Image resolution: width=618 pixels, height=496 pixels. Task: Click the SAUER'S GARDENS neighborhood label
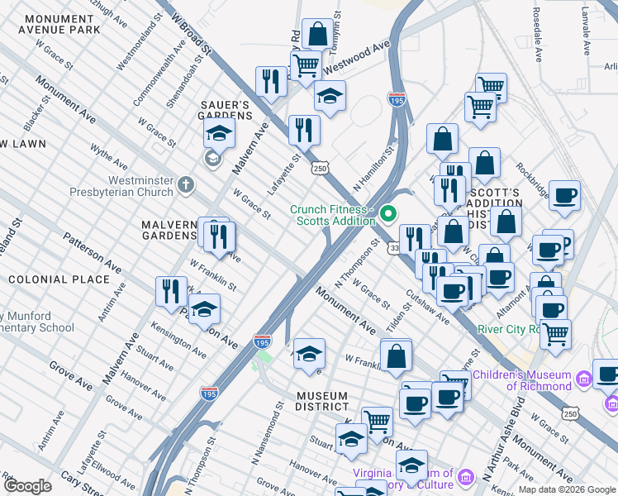pyautogui.click(x=226, y=110)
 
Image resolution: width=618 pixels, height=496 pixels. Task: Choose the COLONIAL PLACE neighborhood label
pyautogui.click(x=59, y=279)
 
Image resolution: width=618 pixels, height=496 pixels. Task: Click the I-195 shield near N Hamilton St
pyautogui.click(x=397, y=99)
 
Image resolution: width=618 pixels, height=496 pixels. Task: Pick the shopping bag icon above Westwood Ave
pyautogui.click(x=317, y=35)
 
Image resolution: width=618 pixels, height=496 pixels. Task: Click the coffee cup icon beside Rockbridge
pyautogui.click(x=565, y=195)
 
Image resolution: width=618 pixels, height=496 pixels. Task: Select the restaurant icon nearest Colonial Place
pyautogui.click(x=170, y=291)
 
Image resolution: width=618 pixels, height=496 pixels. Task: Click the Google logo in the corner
pyautogui.click(x=27, y=486)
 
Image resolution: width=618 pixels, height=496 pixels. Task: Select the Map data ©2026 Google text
pyautogui.click(x=567, y=489)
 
